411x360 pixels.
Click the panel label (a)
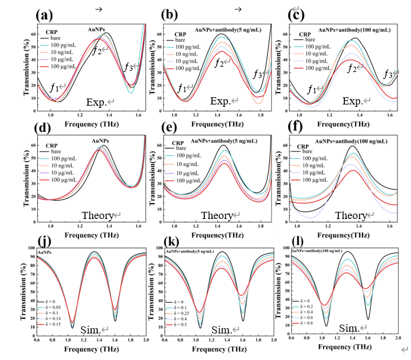[x=47, y=12]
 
